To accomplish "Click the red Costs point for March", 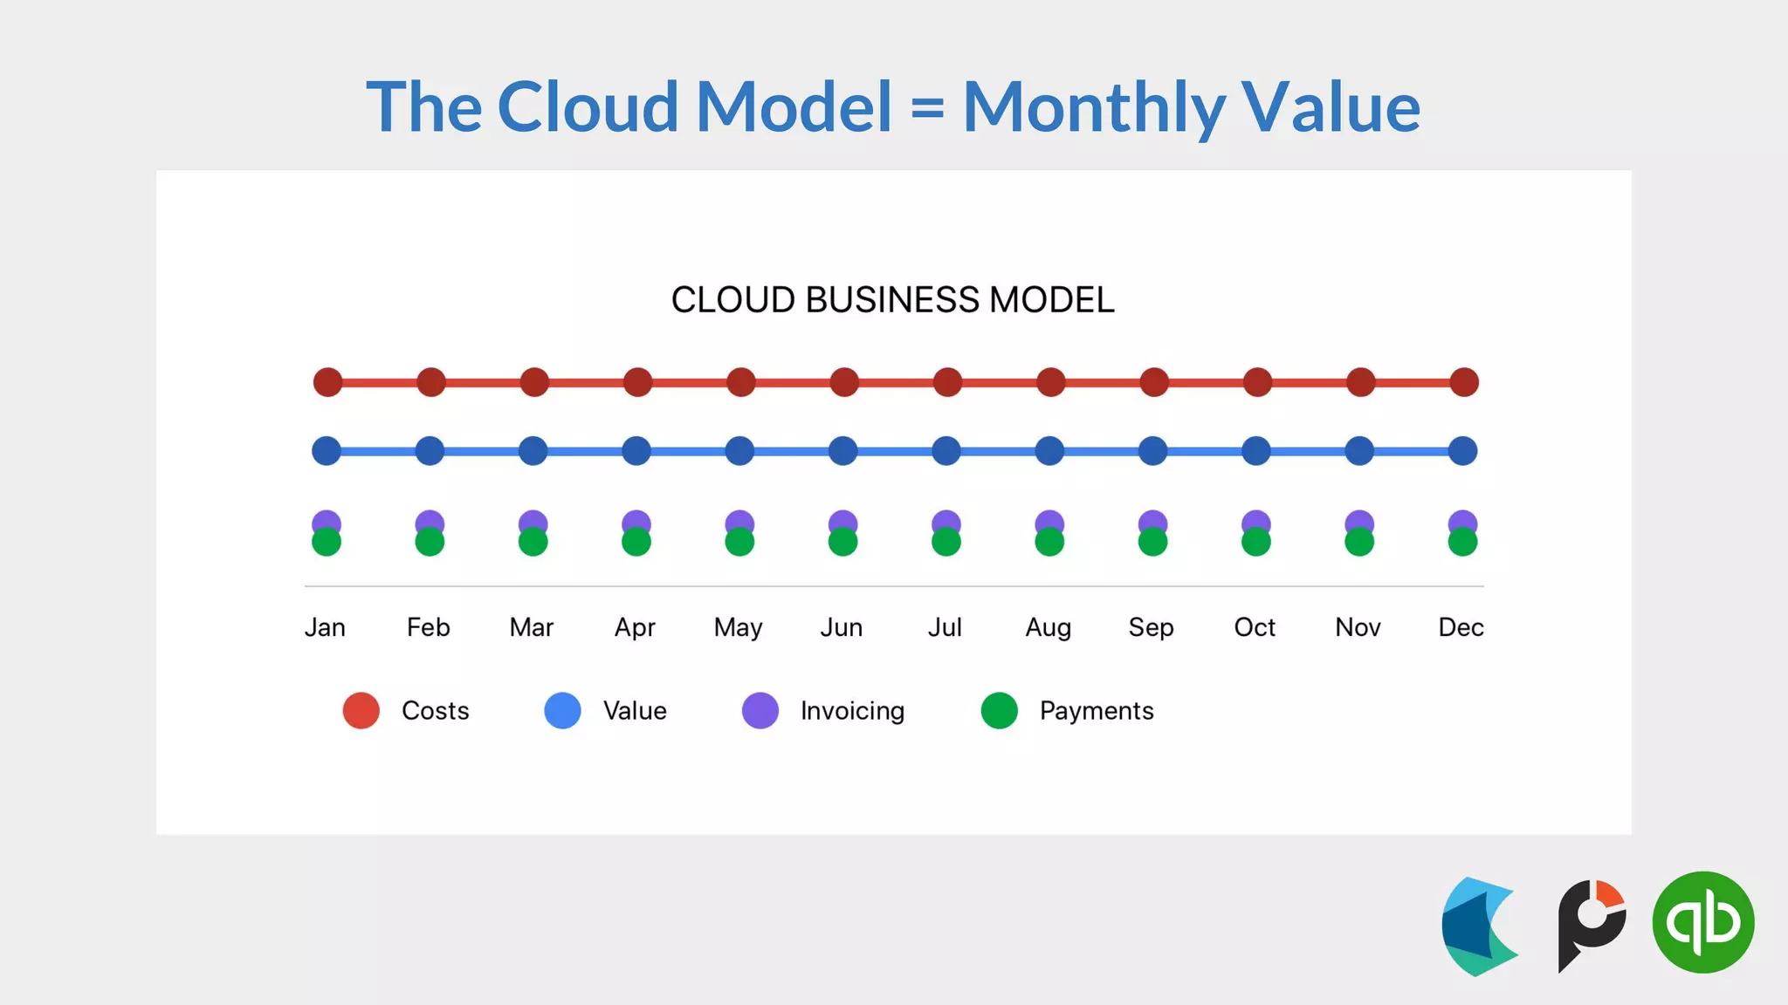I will click(x=534, y=382).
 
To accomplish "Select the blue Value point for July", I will click(x=946, y=451).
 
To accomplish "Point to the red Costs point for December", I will click(x=1464, y=382).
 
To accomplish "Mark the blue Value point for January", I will click(x=327, y=451).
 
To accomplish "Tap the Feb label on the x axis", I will click(x=428, y=627).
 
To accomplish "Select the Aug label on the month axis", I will click(x=1048, y=627).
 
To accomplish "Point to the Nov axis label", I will click(x=1358, y=627).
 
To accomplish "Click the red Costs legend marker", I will click(x=361, y=711).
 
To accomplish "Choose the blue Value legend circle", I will click(x=562, y=711).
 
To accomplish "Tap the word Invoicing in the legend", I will click(x=852, y=711).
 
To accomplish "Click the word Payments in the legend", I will click(x=1097, y=711).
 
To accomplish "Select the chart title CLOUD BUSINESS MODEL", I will click(x=892, y=300).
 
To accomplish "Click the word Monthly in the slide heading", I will click(x=1095, y=107).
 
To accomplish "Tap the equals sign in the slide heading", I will click(x=927, y=109).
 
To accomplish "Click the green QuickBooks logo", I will click(x=1703, y=922).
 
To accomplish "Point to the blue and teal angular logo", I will click(x=1480, y=926).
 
